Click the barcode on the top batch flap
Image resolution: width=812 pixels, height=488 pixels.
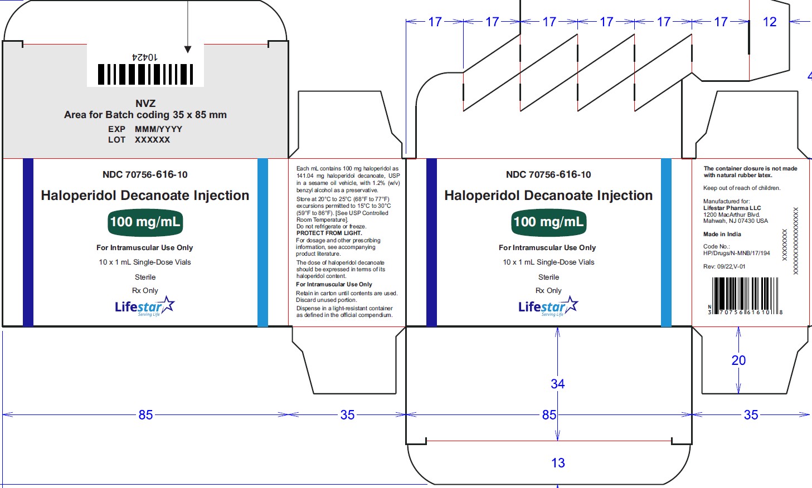pyautogui.click(x=145, y=74)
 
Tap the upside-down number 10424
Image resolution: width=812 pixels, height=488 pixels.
pyautogui.click(x=145, y=57)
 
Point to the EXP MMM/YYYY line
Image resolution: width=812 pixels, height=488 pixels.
pyautogui.click(x=145, y=129)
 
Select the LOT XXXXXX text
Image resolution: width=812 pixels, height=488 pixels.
pyautogui.click(x=139, y=140)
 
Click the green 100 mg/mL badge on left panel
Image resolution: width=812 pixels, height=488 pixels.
pyautogui.click(x=145, y=222)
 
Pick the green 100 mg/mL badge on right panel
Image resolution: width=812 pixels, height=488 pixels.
pyautogui.click(x=548, y=222)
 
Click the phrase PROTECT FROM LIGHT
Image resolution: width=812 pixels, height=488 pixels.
pyautogui.click(x=329, y=233)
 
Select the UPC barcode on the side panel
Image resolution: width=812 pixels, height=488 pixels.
pyautogui.click(x=745, y=296)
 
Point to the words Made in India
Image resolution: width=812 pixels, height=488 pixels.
pyautogui.click(x=722, y=235)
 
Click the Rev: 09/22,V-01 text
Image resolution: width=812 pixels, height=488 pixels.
pyautogui.click(x=725, y=267)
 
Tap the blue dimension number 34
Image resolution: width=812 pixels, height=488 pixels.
pyautogui.click(x=557, y=384)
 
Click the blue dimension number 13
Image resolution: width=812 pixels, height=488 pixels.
pyautogui.click(x=558, y=462)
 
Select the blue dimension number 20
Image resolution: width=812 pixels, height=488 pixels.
pyautogui.click(x=738, y=360)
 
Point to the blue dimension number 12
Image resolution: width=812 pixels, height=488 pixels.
pyautogui.click(x=770, y=22)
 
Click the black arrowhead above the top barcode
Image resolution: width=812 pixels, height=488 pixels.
pyautogui.click(x=188, y=49)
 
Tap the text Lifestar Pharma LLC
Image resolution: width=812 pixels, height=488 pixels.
pyautogui.click(x=732, y=208)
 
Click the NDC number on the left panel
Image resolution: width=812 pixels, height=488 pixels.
pyautogui.click(x=145, y=174)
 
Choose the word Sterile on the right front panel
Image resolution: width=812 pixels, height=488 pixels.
pyautogui.click(x=548, y=277)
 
